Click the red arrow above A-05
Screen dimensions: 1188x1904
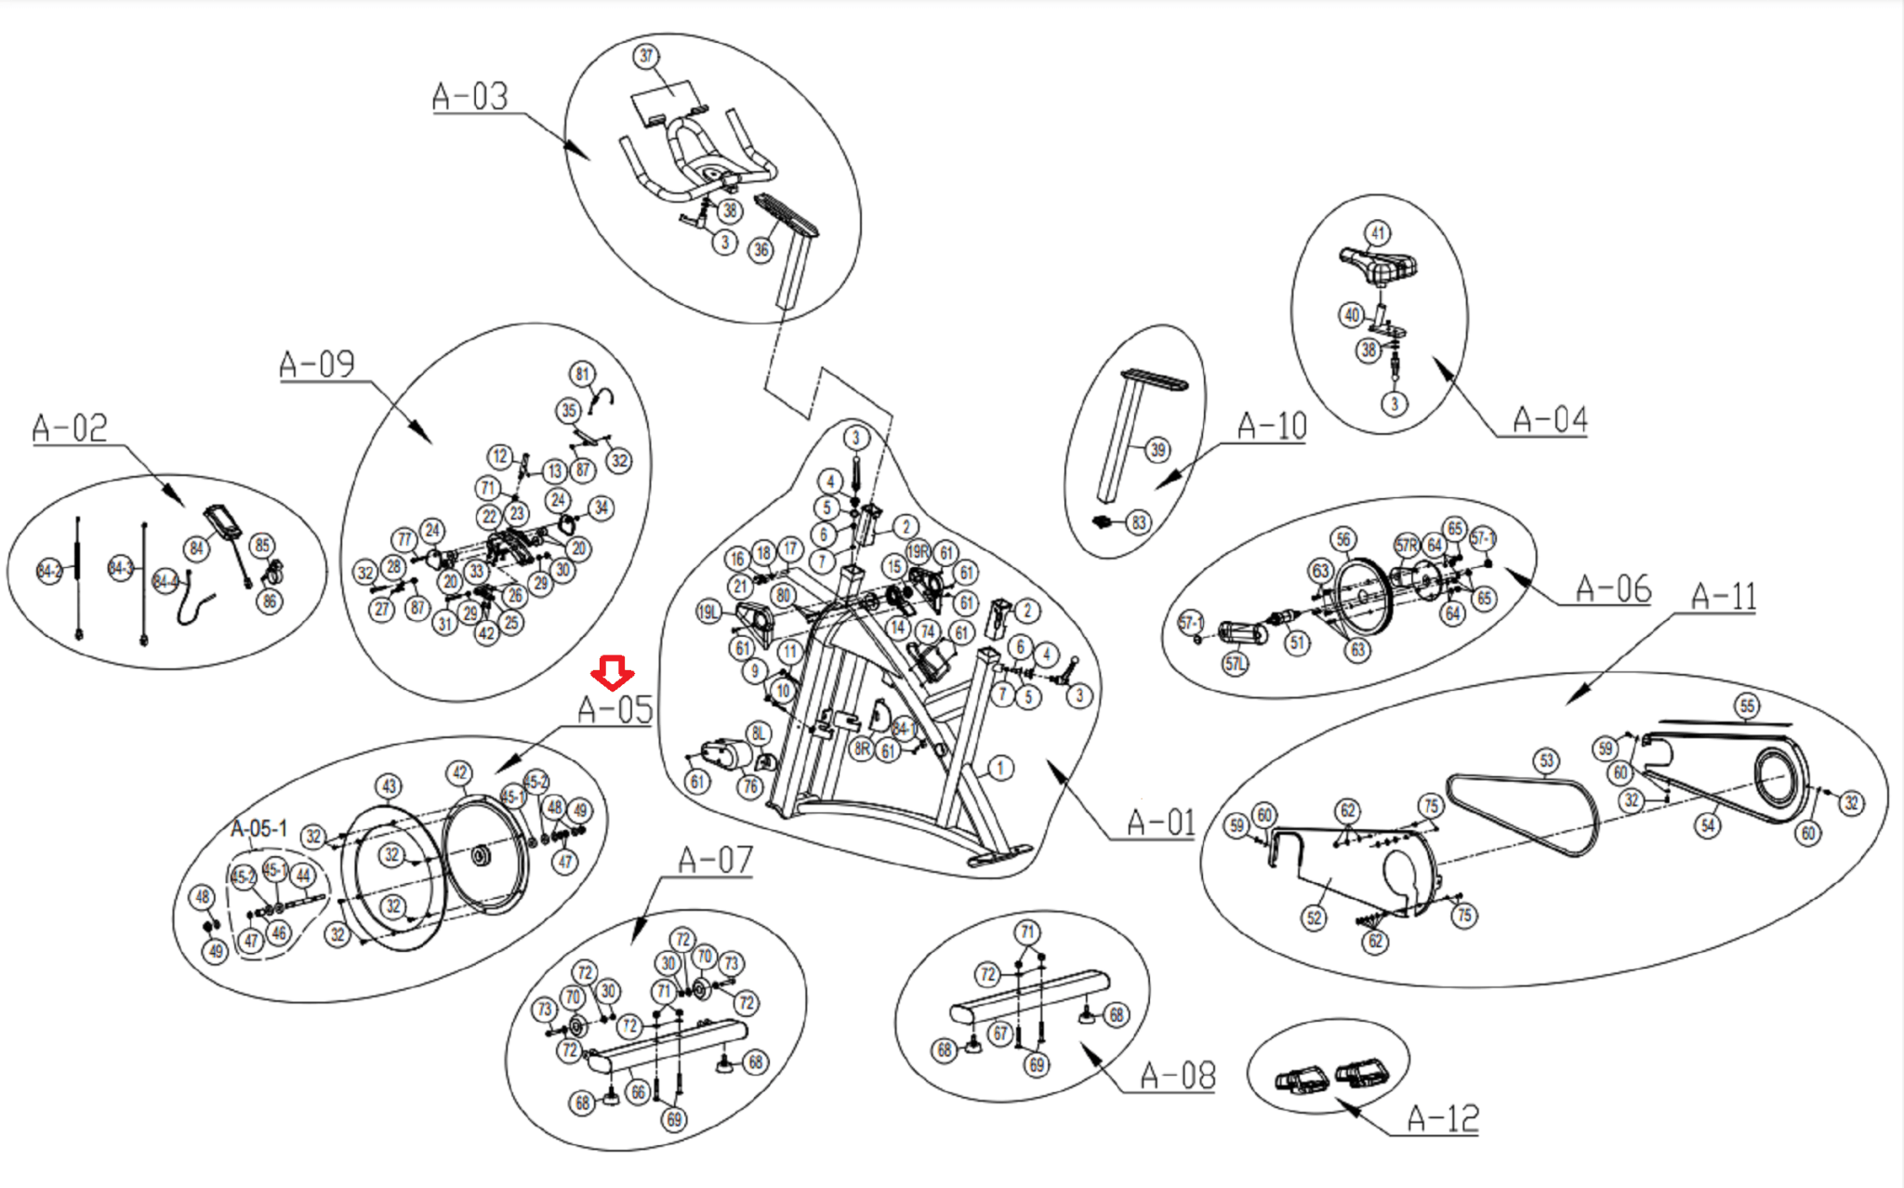click(x=612, y=672)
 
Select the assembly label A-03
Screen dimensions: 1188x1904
click(x=470, y=97)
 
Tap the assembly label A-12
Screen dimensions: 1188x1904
click(x=1442, y=1118)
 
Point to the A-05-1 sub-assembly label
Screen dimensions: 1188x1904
click(x=258, y=828)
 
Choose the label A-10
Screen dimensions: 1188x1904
click(x=1272, y=427)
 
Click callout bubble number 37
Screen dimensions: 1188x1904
click(x=646, y=56)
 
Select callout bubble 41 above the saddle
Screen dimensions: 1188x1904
click(x=1377, y=232)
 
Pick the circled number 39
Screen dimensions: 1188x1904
click(x=1157, y=450)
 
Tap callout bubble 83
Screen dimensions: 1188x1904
click(x=1139, y=522)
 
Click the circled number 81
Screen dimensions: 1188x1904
click(x=582, y=374)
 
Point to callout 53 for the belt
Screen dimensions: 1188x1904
click(x=1546, y=760)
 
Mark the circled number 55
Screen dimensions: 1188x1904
click(x=1747, y=706)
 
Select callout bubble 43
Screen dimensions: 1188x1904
click(x=389, y=786)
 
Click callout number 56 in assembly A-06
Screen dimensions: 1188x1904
click(x=1342, y=539)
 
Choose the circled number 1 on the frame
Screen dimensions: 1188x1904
click(x=1000, y=768)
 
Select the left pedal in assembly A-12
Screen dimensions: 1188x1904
click(x=1302, y=1081)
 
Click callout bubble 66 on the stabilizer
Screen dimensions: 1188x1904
click(x=638, y=1092)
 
